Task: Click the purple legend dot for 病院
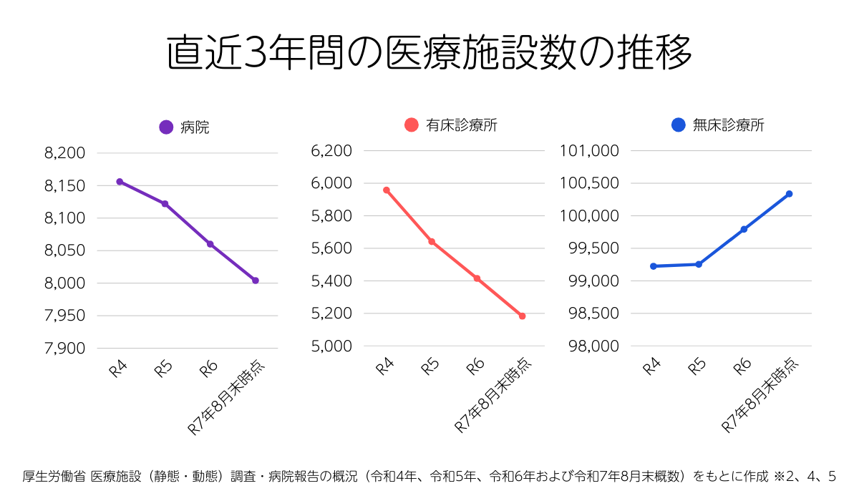point(166,127)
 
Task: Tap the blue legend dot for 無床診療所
point(679,125)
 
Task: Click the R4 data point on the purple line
point(120,182)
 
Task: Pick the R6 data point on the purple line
point(210,244)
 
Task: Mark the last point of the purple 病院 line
point(256,281)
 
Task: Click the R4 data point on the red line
point(386,190)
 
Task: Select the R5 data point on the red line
point(432,242)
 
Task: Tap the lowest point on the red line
point(523,316)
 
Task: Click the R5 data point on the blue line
point(699,264)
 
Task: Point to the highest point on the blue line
point(789,194)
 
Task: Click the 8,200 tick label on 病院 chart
point(64,153)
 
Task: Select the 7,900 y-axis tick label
point(64,349)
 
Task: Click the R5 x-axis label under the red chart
point(429,367)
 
